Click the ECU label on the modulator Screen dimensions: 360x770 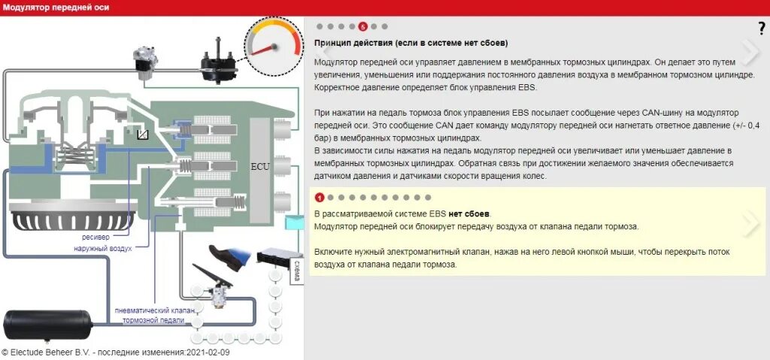pos(260,166)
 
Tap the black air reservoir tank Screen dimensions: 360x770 pos(47,325)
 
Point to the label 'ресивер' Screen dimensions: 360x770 pos(97,238)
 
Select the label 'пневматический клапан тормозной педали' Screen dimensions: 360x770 pos(155,315)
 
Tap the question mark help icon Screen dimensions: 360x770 pos(761,29)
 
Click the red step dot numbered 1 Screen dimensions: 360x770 pos(320,198)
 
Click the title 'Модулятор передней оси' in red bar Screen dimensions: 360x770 pos(56,8)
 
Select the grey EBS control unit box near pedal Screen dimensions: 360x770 pos(274,258)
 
